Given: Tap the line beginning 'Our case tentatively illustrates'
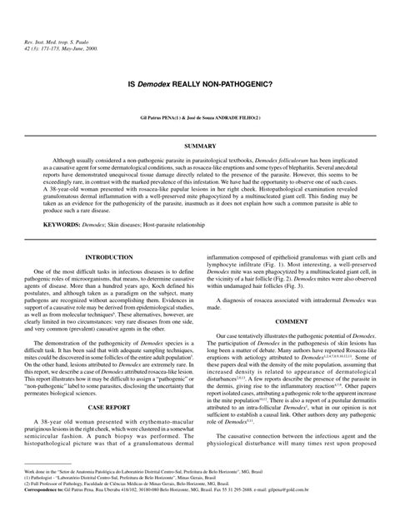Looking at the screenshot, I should [x=297, y=335].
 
